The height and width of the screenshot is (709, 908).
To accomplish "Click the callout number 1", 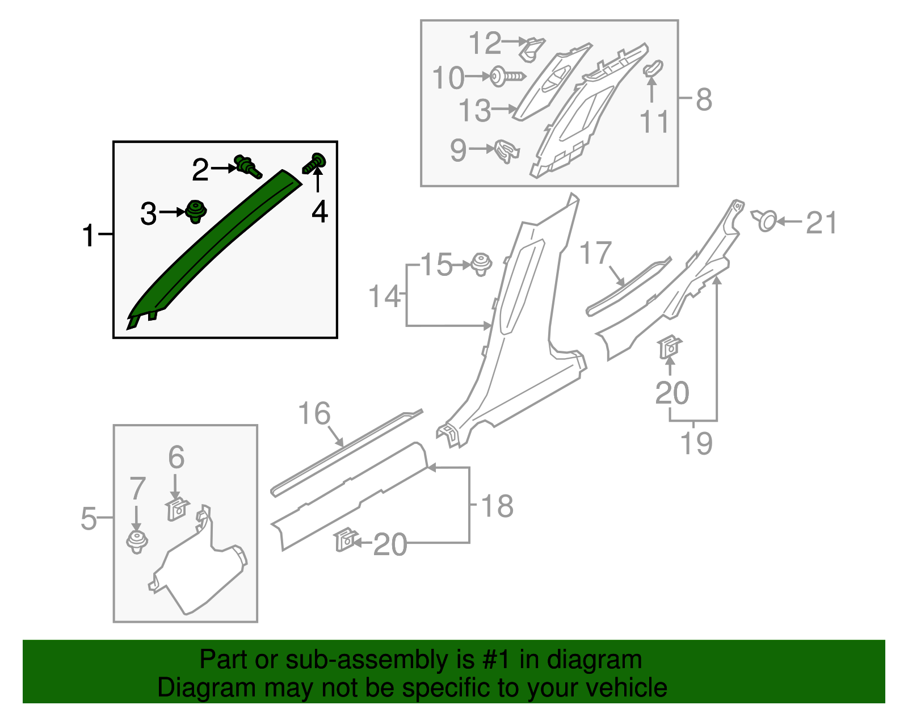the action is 89,235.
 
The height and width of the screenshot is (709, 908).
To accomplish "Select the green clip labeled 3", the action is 196,212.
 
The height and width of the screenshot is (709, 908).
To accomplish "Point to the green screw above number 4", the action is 314,163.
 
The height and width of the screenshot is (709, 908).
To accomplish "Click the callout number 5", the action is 89,518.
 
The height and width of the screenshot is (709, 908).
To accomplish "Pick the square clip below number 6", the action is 178,509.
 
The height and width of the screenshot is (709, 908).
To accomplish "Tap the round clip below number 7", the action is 137,542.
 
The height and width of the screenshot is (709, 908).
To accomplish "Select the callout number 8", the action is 704,99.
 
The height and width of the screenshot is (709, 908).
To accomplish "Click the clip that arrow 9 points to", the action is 506,151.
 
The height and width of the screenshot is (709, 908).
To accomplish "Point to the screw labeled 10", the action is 507,77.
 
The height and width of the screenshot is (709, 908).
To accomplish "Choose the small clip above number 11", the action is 653,69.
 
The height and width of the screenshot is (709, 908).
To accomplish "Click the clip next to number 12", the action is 532,49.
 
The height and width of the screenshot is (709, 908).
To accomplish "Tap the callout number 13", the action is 474,110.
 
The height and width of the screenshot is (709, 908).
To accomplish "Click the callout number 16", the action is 314,413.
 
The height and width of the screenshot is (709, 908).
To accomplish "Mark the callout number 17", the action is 596,253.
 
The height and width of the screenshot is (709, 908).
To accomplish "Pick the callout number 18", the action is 497,506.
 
